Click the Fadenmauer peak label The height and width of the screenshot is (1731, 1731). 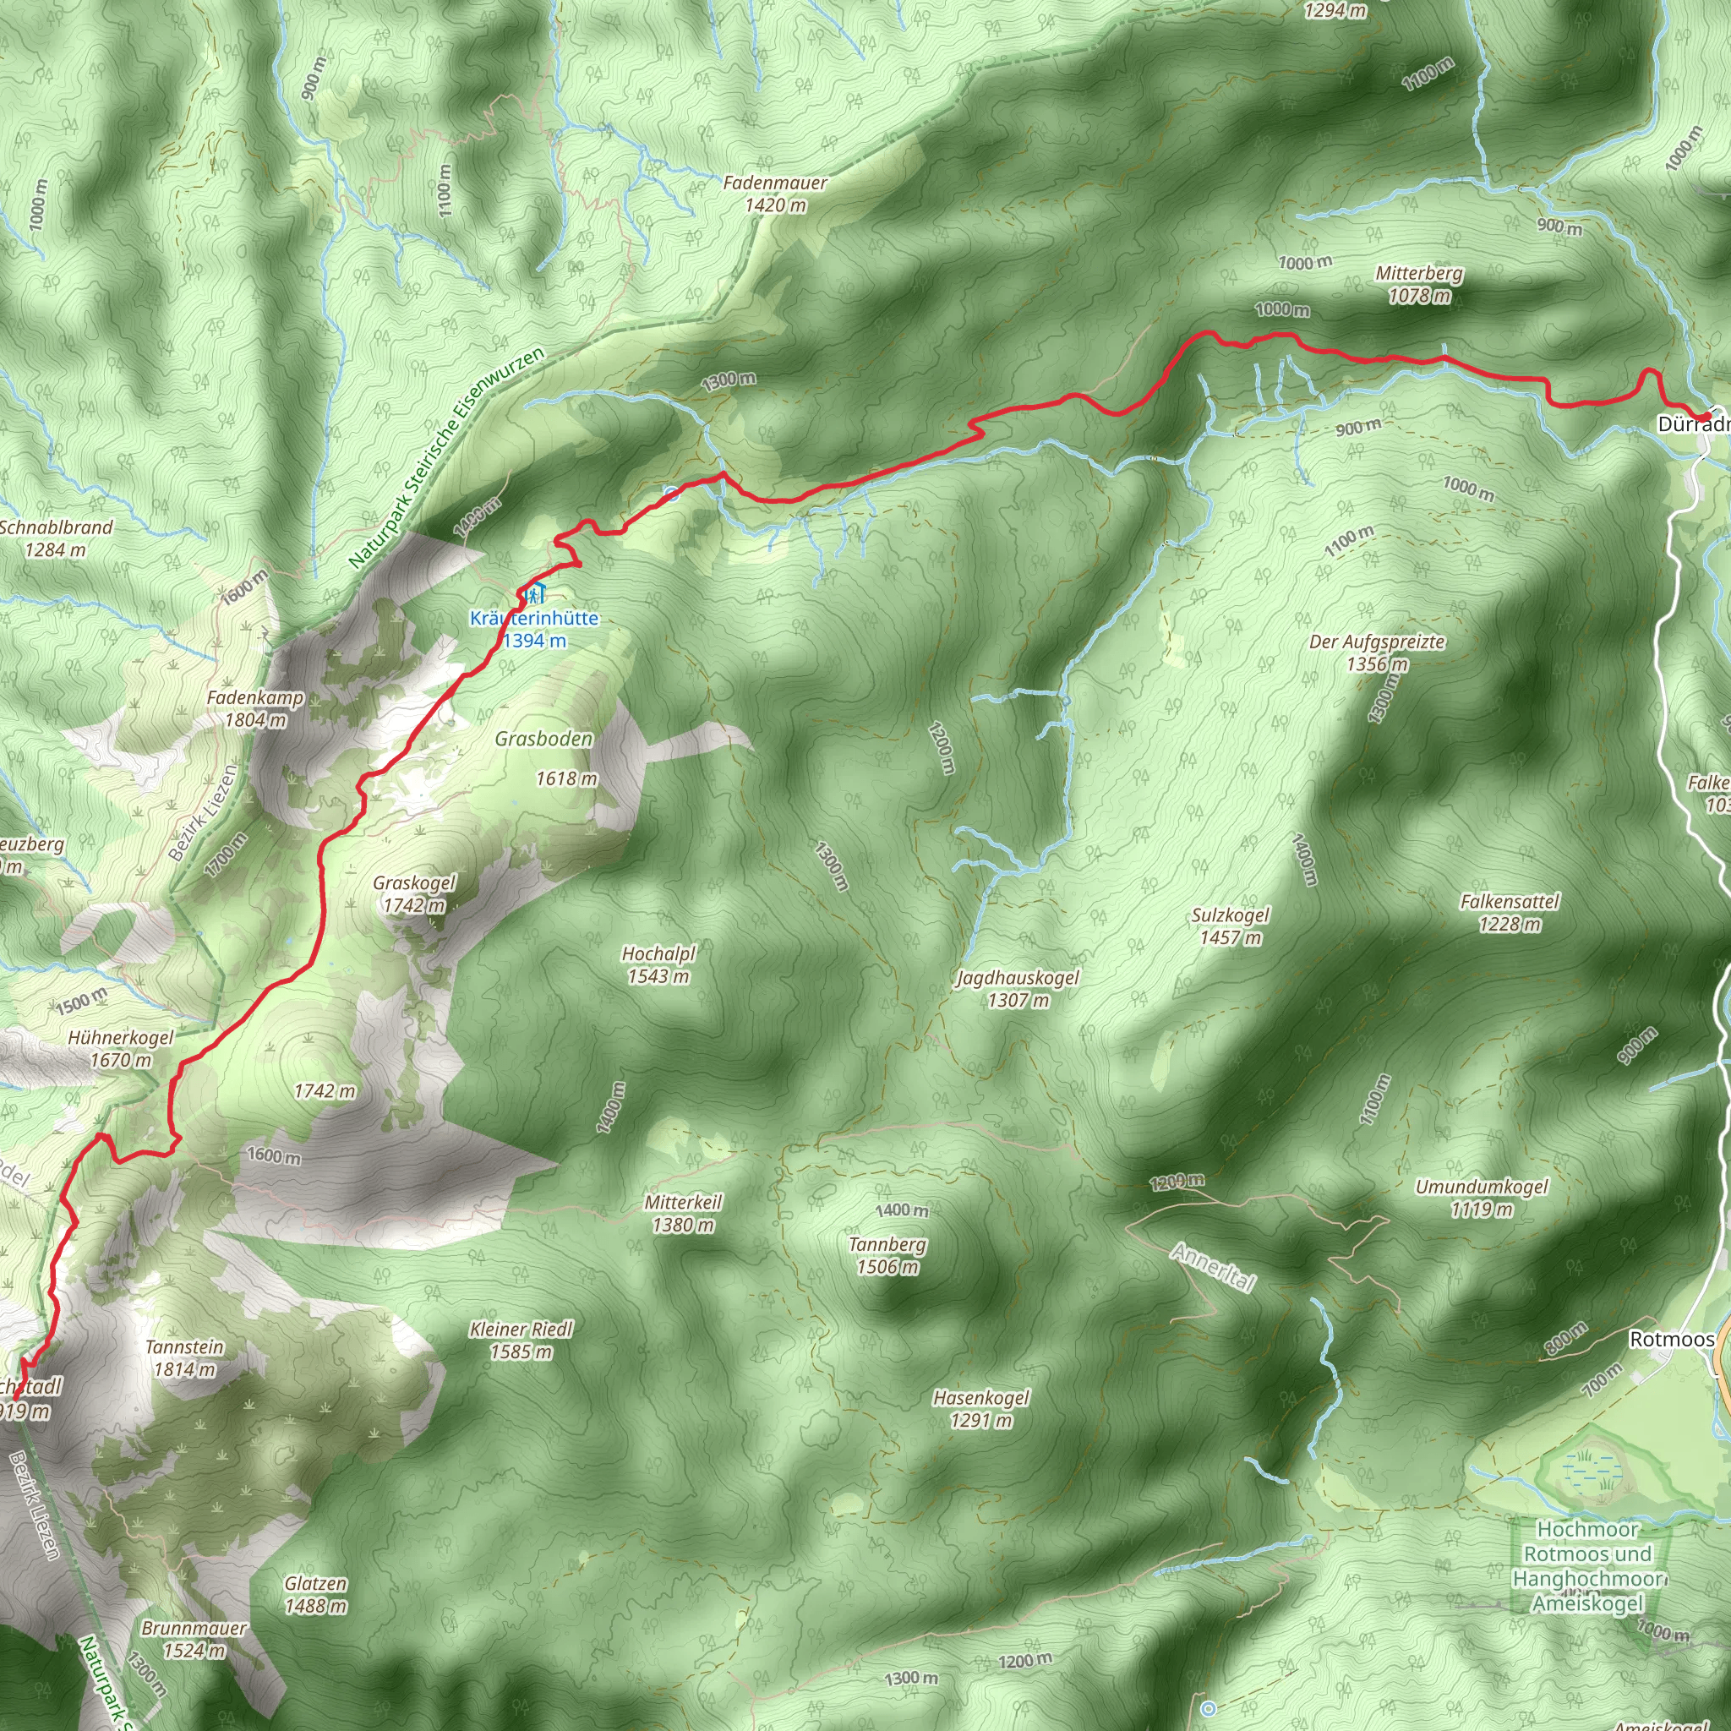(775, 194)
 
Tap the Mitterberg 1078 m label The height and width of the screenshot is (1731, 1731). (1419, 284)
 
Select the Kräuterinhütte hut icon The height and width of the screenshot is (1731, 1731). (535, 593)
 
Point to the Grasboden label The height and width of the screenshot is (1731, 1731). (543, 740)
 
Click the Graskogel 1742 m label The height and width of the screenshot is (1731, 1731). (414, 894)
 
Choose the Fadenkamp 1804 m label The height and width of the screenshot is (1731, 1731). (255, 708)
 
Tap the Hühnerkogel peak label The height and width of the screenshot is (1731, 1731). (121, 1048)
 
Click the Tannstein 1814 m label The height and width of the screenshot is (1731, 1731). (184, 1357)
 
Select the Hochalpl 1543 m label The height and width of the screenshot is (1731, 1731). (658, 965)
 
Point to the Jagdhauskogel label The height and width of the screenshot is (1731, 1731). (1018, 988)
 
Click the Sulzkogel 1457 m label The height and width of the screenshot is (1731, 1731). (1230, 926)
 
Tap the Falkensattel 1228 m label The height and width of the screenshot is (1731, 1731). (1510, 912)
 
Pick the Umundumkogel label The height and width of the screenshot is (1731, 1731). (1482, 1198)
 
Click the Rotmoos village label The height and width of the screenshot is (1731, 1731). (1671, 1339)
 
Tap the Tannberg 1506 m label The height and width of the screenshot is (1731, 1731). (887, 1255)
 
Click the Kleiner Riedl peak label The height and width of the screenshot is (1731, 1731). (521, 1340)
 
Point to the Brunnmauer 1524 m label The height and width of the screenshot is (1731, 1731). (194, 1638)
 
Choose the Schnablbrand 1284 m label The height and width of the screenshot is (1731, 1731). (56, 538)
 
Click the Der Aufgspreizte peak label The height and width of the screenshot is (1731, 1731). (1377, 653)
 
